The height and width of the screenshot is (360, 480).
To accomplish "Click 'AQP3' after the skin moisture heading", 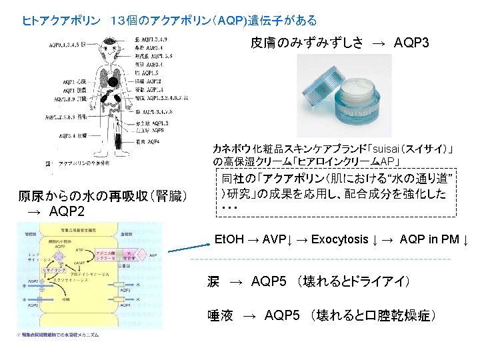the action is click(411, 43).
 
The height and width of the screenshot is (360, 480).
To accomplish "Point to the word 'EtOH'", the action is click(229, 239).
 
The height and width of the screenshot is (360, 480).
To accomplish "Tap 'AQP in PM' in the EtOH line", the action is click(429, 239).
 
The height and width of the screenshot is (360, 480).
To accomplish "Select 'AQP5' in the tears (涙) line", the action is click(270, 282).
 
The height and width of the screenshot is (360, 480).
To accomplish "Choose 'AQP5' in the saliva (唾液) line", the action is click(283, 315).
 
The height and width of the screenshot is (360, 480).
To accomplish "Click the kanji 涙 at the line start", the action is click(213, 282).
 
